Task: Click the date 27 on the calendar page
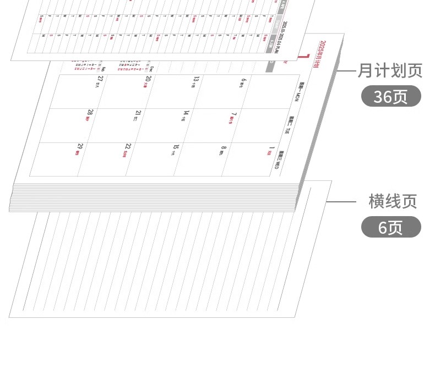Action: point(99,79)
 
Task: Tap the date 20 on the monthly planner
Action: point(147,79)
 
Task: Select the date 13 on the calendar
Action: point(195,81)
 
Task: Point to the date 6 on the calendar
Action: point(243,82)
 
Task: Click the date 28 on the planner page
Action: point(90,113)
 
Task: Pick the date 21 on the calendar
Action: point(138,114)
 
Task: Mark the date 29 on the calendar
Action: point(80,147)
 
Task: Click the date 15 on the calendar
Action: point(176,148)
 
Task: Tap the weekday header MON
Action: point(298,92)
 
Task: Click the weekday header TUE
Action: point(289,125)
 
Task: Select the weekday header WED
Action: point(279,159)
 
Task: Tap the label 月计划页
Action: point(390,70)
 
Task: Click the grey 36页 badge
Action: point(391,96)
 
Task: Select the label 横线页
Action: point(393,201)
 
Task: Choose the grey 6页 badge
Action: point(391,227)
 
